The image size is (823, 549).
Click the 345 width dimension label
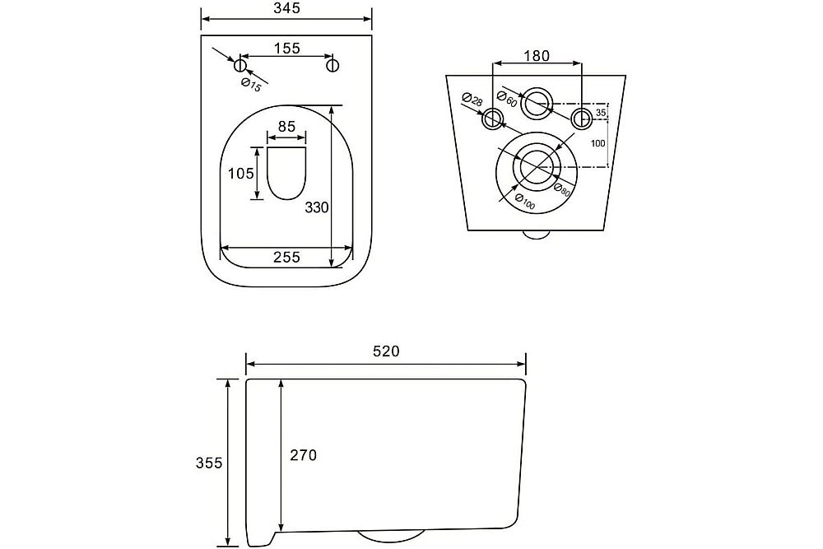click(286, 8)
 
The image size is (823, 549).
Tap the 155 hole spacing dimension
click(287, 49)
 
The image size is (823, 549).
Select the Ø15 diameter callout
click(251, 85)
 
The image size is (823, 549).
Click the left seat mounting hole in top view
click(239, 65)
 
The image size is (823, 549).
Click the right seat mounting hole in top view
click(332, 65)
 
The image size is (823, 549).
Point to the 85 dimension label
click(286, 127)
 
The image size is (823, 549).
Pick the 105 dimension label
click(241, 173)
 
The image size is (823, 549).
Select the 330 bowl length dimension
click(317, 208)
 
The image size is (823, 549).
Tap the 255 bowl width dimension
click(286, 257)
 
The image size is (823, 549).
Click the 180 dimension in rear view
click(537, 56)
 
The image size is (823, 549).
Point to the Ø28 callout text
click(472, 100)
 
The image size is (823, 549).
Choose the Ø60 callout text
click(507, 99)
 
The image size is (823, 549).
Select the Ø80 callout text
click(561, 189)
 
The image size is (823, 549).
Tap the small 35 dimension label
click(601, 113)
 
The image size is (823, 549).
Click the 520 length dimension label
click(386, 351)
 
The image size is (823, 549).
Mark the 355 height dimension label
click(209, 463)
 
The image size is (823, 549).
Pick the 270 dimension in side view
click(304, 455)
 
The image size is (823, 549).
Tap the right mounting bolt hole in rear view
click(581, 118)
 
